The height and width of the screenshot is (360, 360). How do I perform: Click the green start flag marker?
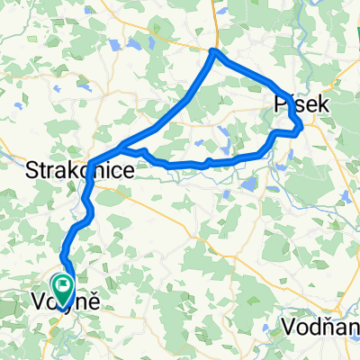tap(64, 287)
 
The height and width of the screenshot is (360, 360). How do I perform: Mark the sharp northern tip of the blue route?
tap(212, 51)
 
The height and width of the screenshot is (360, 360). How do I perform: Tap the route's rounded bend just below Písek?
tap(298, 130)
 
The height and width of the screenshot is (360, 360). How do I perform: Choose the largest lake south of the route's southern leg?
tap(249, 184)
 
